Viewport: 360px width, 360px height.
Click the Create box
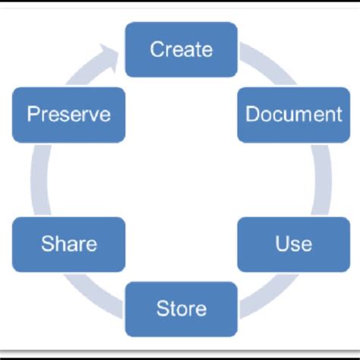pos(181,49)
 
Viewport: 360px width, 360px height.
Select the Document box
pos(283,115)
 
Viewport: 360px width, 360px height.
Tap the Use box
pos(283,244)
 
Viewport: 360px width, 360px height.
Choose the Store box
pos(181,308)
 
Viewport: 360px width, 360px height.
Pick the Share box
pos(69,244)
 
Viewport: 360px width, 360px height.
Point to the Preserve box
pos(69,115)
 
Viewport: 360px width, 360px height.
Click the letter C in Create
pos(157,50)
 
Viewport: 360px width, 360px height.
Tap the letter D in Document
pos(251,115)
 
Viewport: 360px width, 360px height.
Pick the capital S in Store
pos(161,309)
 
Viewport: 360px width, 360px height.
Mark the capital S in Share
pos(46,244)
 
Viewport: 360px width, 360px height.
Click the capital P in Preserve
pos(32,115)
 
